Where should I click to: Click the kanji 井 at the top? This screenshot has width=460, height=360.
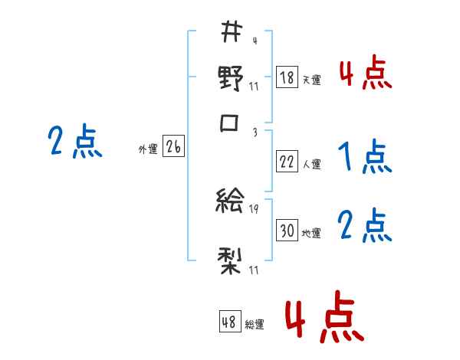coord(231,32)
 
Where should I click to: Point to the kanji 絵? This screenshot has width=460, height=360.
coord(231,201)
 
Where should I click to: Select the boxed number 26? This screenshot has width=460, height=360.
coord(173,148)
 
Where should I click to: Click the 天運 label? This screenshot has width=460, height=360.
coord(311,80)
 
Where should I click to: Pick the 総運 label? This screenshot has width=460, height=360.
coord(255,325)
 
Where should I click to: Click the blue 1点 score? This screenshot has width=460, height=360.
coord(364,158)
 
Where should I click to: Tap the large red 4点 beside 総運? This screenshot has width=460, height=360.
coord(324,316)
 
